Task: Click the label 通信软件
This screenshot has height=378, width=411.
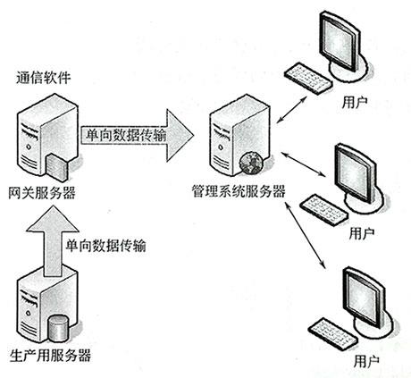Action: point(42,79)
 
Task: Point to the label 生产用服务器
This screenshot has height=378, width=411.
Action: point(48,355)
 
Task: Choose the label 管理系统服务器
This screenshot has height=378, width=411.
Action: point(238,191)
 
